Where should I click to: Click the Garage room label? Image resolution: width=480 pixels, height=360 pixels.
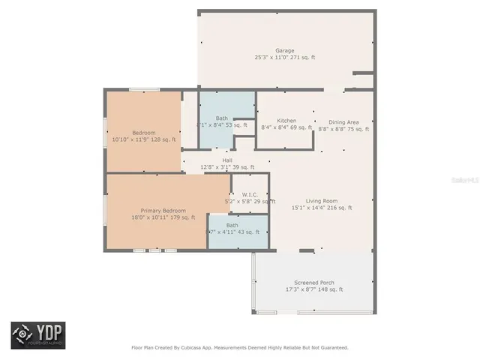click(x=284, y=50)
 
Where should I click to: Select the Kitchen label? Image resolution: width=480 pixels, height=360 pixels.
click(x=286, y=121)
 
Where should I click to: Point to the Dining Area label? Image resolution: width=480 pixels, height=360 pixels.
click(x=343, y=121)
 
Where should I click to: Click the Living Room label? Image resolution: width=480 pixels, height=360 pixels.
click(x=320, y=200)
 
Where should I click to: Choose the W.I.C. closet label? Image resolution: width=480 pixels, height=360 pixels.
click(x=250, y=194)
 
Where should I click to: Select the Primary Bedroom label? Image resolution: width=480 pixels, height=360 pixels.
click(x=163, y=211)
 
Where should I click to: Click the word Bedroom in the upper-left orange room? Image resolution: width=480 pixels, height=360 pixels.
click(x=144, y=131)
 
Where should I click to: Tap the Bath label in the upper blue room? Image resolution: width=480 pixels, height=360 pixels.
click(x=222, y=118)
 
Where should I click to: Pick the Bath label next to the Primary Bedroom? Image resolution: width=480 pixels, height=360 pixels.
click(x=232, y=225)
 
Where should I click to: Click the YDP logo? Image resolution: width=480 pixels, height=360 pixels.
click(x=37, y=334)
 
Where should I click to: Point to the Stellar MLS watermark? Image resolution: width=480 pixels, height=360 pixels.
click(x=466, y=181)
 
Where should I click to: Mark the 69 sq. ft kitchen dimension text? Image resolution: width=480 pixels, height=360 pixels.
click(x=300, y=128)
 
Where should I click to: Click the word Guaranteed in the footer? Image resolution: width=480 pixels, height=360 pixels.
click(x=331, y=348)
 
